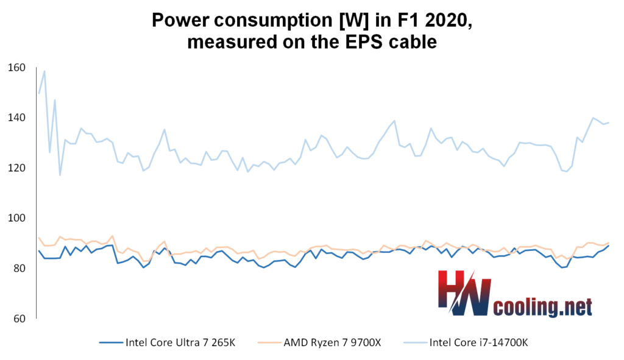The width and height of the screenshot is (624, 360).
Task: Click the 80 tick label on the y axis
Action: (x=21, y=268)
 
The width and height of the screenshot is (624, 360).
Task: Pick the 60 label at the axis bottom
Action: (x=21, y=319)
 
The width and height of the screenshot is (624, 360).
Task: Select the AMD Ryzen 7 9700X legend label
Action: (x=333, y=342)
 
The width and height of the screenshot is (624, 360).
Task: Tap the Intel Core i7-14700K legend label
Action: (x=479, y=342)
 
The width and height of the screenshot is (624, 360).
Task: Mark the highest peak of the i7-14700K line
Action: (x=44, y=71)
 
